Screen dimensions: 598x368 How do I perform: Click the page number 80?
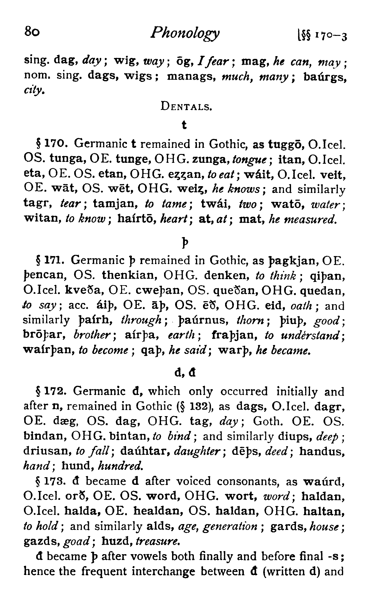(x=32, y=31)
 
